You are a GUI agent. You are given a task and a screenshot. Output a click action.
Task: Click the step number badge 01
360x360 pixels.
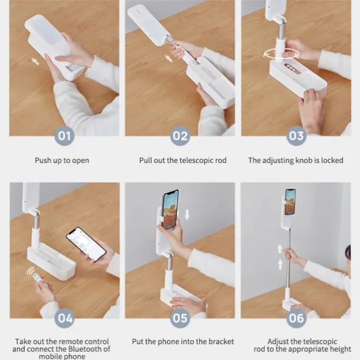click(x=64, y=136)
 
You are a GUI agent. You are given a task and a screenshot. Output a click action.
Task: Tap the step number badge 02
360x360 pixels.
click(x=180, y=136)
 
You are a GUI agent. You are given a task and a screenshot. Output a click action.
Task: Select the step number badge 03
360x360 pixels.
click(x=296, y=136)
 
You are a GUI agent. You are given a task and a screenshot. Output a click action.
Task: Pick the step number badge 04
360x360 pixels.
click(x=64, y=318)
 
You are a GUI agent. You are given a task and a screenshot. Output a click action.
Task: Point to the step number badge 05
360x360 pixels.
click(x=180, y=318)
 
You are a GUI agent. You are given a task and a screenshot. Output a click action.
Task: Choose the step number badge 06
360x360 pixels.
click(x=296, y=318)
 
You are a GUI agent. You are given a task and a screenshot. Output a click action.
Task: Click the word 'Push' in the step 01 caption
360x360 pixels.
click(x=43, y=161)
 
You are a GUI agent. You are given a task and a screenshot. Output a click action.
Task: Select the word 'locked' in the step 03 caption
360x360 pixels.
click(x=332, y=161)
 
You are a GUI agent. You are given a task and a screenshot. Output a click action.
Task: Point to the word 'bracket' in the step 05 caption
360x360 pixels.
click(x=221, y=342)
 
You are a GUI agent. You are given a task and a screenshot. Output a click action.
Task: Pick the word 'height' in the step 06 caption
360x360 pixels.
click(x=341, y=349)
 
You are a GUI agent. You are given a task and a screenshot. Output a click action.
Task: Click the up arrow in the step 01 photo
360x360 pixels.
click(x=35, y=61)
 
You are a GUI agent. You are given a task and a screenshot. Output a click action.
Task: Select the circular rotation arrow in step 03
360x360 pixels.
click(x=282, y=54)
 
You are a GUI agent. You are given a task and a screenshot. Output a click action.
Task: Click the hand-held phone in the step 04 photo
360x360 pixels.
click(x=86, y=244)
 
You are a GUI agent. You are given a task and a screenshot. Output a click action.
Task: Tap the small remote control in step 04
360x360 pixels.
click(x=37, y=277)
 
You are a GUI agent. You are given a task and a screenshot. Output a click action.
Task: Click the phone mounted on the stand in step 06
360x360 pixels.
click(x=290, y=202)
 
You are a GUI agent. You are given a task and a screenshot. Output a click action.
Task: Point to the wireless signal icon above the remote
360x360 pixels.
click(x=30, y=271)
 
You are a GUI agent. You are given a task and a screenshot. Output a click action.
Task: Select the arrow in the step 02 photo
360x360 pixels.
click(x=169, y=58)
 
